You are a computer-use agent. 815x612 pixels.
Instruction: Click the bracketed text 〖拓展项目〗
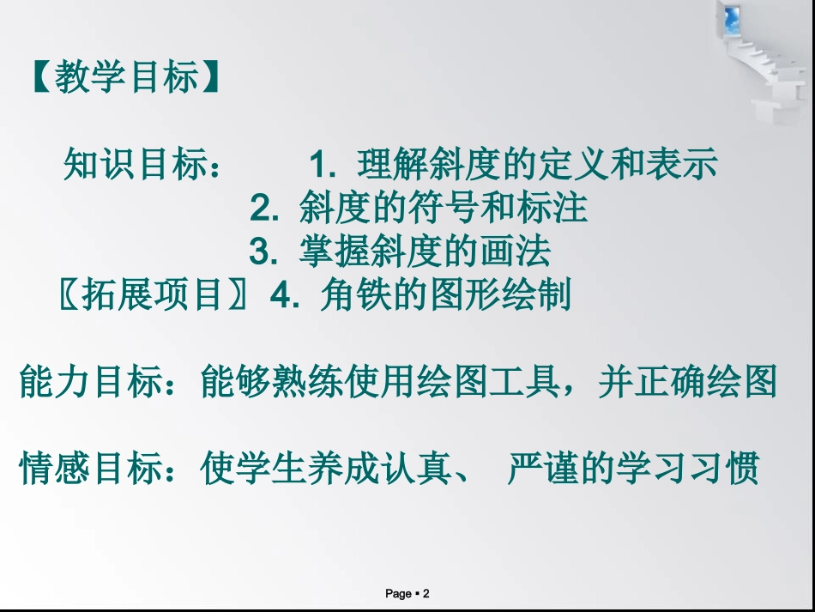pyautogui.click(x=154, y=296)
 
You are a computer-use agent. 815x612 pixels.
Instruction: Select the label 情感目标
pyautogui.click(x=92, y=470)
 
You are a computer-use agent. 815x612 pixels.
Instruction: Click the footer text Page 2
pyautogui.click(x=407, y=593)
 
